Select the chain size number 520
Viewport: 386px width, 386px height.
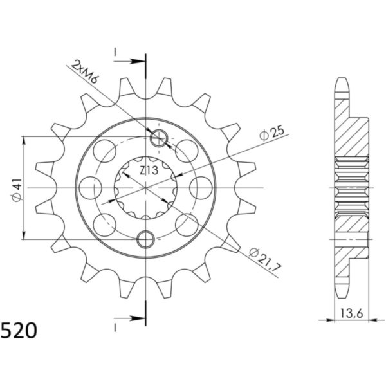(x=19, y=331)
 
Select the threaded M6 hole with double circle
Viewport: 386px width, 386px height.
(x=158, y=137)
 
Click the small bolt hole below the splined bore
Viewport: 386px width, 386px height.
(x=146, y=239)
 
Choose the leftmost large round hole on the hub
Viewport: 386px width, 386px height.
(x=95, y=188)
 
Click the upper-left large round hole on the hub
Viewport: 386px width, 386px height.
(x=105, y=151)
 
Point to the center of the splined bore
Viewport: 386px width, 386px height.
(x=146, y=188)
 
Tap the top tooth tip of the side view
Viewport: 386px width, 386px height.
(x=342, y=81)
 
